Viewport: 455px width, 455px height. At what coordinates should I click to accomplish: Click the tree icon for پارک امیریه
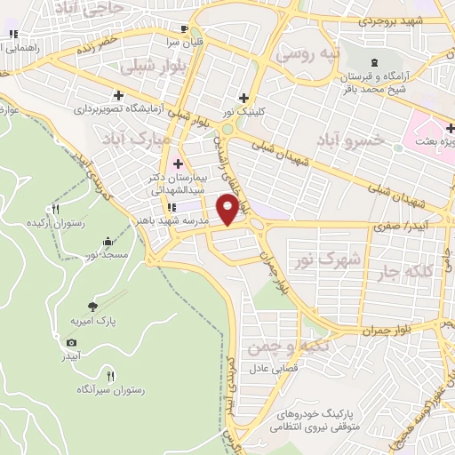pos(94,305)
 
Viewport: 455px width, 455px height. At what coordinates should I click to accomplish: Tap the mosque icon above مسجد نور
pos(108,241)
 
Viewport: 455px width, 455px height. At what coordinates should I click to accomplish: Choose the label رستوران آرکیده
pos(56,222)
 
